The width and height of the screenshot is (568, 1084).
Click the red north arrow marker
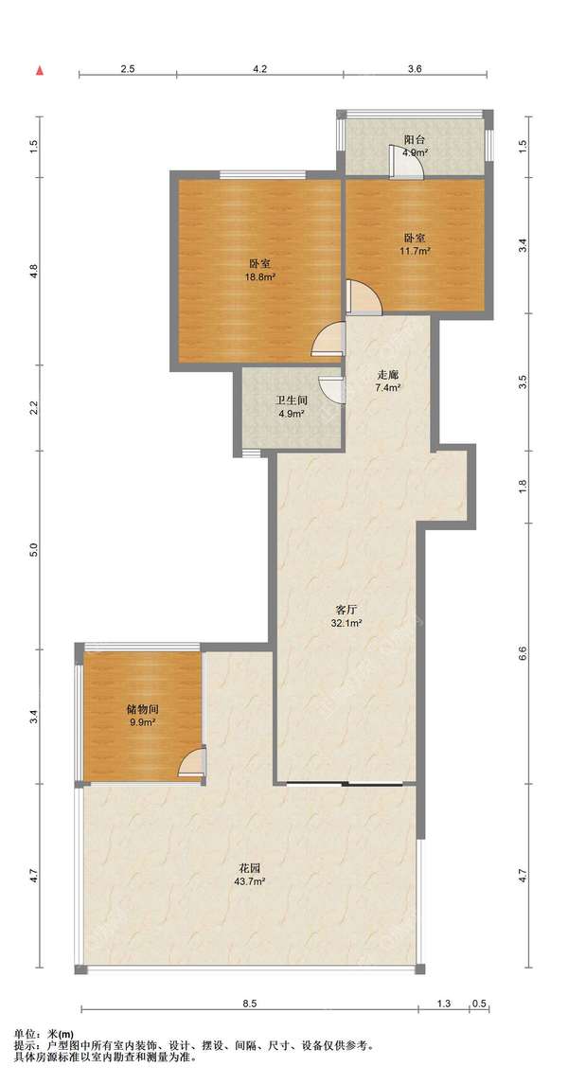pyautogui.click(x=41, y=70)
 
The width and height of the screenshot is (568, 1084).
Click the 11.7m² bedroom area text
pyautogui.click(x=415, y=251)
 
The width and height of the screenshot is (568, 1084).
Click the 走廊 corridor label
pyautogui.click(x=387, y=375)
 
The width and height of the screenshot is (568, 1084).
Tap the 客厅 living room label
pyautogui.click(x=346, y=611)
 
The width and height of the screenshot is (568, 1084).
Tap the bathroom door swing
pyautogui.click(x=331, y=388)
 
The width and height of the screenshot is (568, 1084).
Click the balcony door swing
pyautogui.click(x=405, y=163)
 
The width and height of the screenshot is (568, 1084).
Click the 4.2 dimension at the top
pyautogui.click(x=259, y=68)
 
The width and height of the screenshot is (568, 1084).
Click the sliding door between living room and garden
pyautogui.click(x=346, y=784)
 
